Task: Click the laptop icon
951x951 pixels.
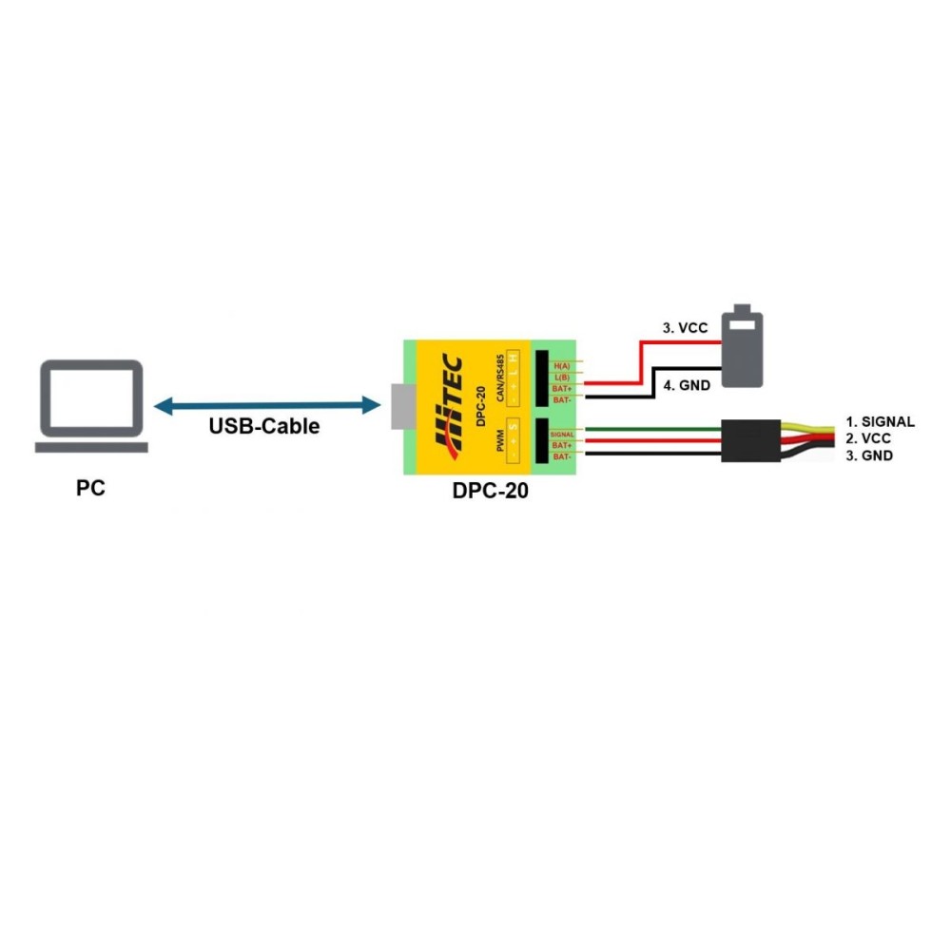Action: click(91, 406)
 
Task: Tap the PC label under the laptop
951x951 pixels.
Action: click(91, 489)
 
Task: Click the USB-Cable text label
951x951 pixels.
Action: click(263, 427)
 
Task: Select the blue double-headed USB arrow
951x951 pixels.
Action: click(267, 406)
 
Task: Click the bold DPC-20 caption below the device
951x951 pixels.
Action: click(491, 492)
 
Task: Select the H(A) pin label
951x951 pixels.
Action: click(561, 366)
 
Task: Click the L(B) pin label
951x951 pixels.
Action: click(561, 378)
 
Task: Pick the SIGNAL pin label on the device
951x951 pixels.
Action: click(561, 434)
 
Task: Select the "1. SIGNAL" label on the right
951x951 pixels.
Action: click(880, 421)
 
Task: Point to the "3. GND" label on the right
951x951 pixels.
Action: click(868, 456)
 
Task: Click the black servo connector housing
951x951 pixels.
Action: click(749, 440)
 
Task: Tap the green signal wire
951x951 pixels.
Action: click(647, 430)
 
